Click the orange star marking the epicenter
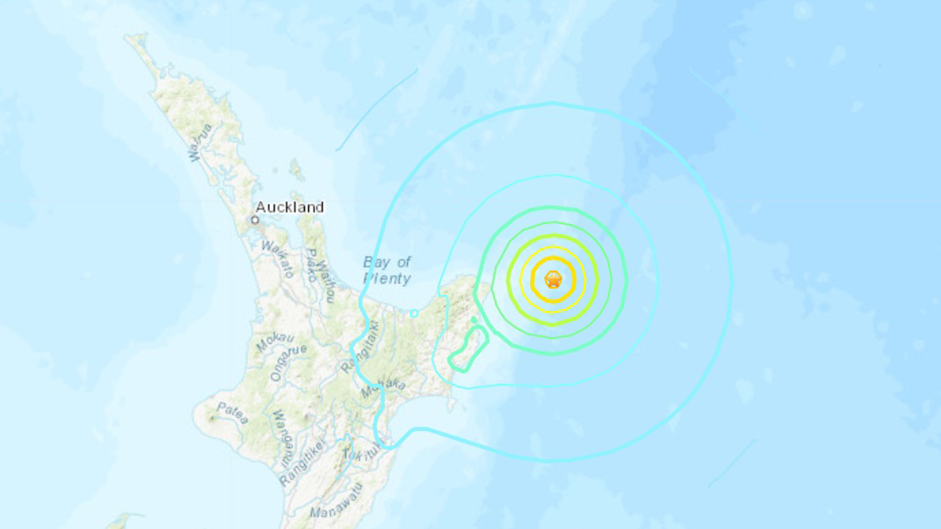coord(553,279)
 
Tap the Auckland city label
coord(289,208)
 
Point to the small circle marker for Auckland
coord(255,220)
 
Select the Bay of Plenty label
coord(387,270)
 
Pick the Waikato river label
coord(277,259)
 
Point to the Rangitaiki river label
coord(360,346)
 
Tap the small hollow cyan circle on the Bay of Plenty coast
coord(414,313)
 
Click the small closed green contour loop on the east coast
coord(469,350)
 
